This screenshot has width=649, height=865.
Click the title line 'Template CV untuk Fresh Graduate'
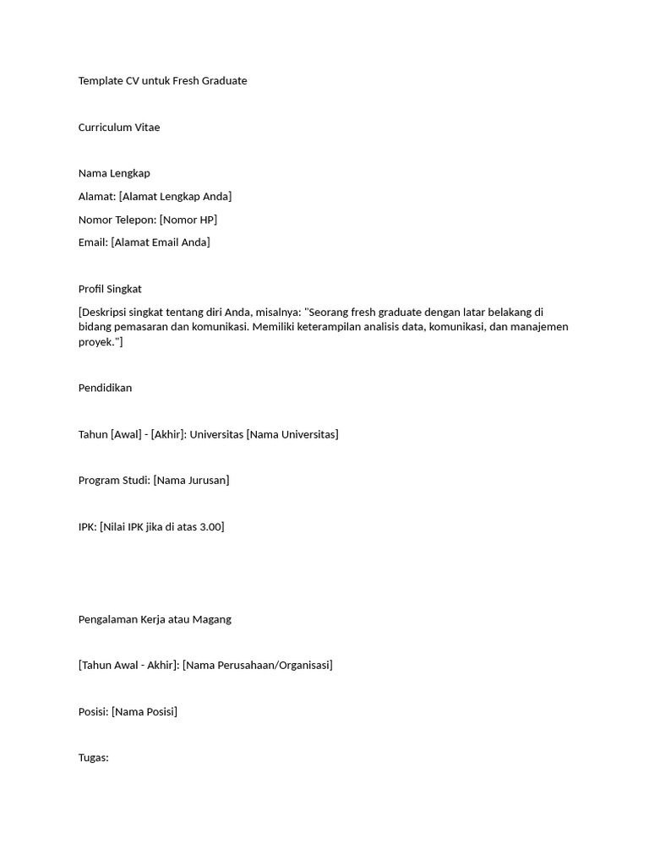pos(162,81)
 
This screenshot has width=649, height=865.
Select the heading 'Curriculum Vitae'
pos(119,128)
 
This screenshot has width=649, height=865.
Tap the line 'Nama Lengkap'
pos(114,173)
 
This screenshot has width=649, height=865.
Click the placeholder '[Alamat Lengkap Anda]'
pos(175,197)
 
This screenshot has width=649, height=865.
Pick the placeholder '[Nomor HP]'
pos(188,220)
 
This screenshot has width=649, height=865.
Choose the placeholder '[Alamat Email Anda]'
pos(161,242)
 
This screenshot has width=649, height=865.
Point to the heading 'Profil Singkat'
pos(110,289)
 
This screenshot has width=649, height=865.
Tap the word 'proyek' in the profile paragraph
pos(97,342)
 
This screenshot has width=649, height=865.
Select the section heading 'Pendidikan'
pos(105,389)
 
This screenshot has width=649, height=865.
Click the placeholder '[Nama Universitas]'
pos(292,435)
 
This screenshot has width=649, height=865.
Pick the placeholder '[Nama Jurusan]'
pos(191,481)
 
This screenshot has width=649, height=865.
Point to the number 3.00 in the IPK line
pos(209,527)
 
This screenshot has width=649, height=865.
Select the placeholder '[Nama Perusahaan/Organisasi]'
pos(258,666)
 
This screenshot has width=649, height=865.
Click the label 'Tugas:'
pos(94,758)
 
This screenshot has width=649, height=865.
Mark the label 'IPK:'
pos(88,527)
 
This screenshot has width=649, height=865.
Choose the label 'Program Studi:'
pos(114,481)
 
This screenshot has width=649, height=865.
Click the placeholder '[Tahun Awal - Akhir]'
pos(128,666)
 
